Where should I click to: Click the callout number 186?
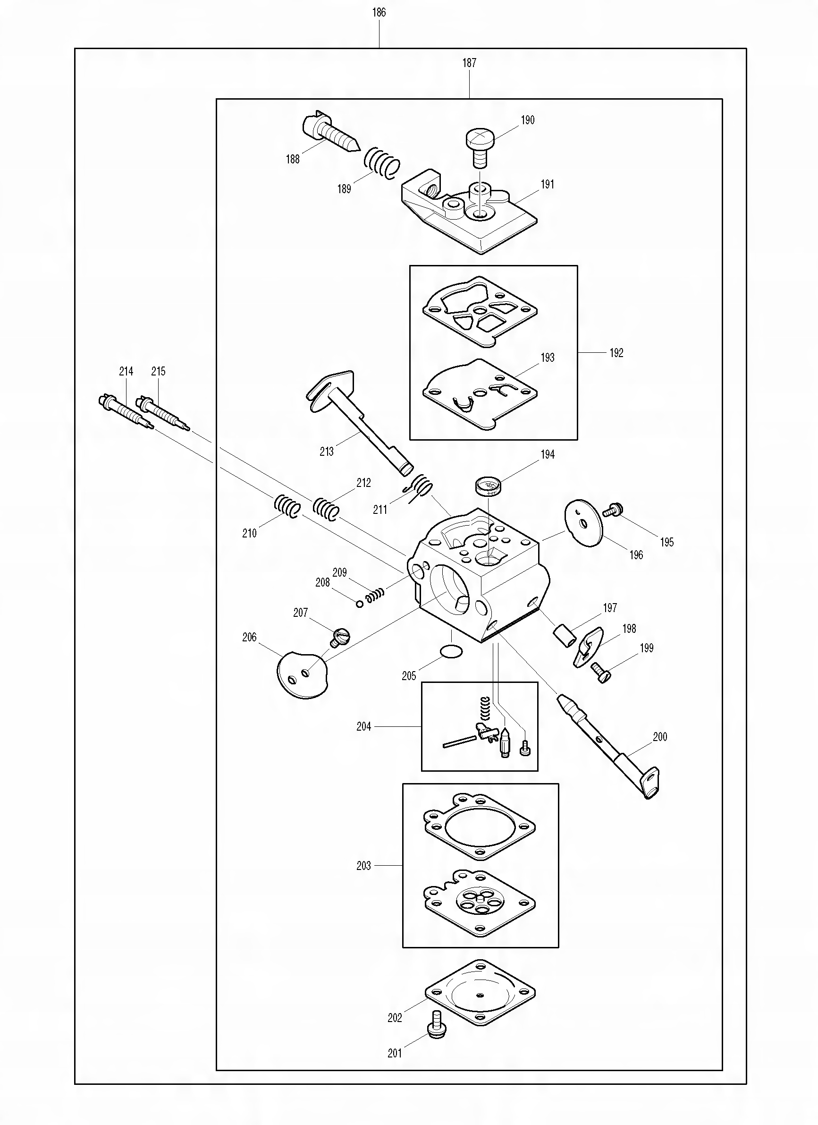(x=379, y=12)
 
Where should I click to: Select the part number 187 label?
(x=469, y=63)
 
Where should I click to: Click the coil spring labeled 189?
(x=382, y=162)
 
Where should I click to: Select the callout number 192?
(x=616, y=353)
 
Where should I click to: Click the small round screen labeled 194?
(x=488, y=485)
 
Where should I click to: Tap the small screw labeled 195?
(x=613, y=509)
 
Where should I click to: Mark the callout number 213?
(x=326, y=452)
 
